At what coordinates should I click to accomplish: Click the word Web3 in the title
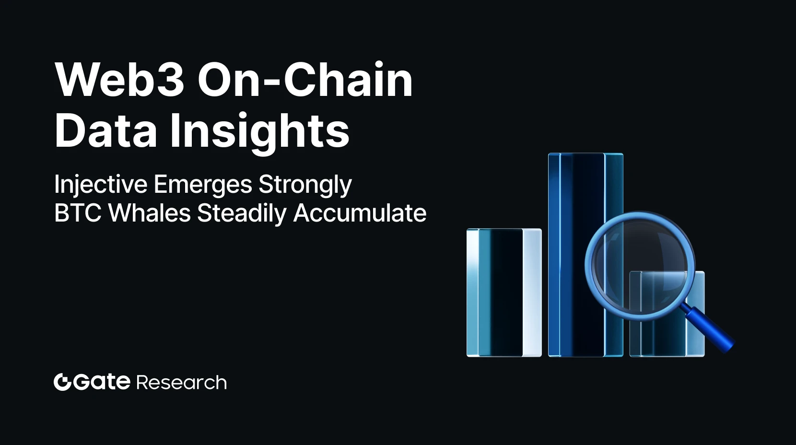[120, 80]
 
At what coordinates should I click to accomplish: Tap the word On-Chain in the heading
[305, 80]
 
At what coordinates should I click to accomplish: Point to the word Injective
[101, 185]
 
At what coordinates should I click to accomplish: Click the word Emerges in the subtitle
[203, 185]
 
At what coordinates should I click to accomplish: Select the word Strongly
[305, 185]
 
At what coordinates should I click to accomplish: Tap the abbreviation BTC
[78, 213]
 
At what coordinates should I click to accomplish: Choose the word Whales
[150, 213]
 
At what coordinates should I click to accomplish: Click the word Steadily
[242, 213]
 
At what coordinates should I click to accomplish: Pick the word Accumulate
[360, 213]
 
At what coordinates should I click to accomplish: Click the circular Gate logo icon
[62, 382]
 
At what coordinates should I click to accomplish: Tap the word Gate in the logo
[102, 382]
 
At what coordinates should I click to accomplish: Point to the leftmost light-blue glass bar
[503, 293]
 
